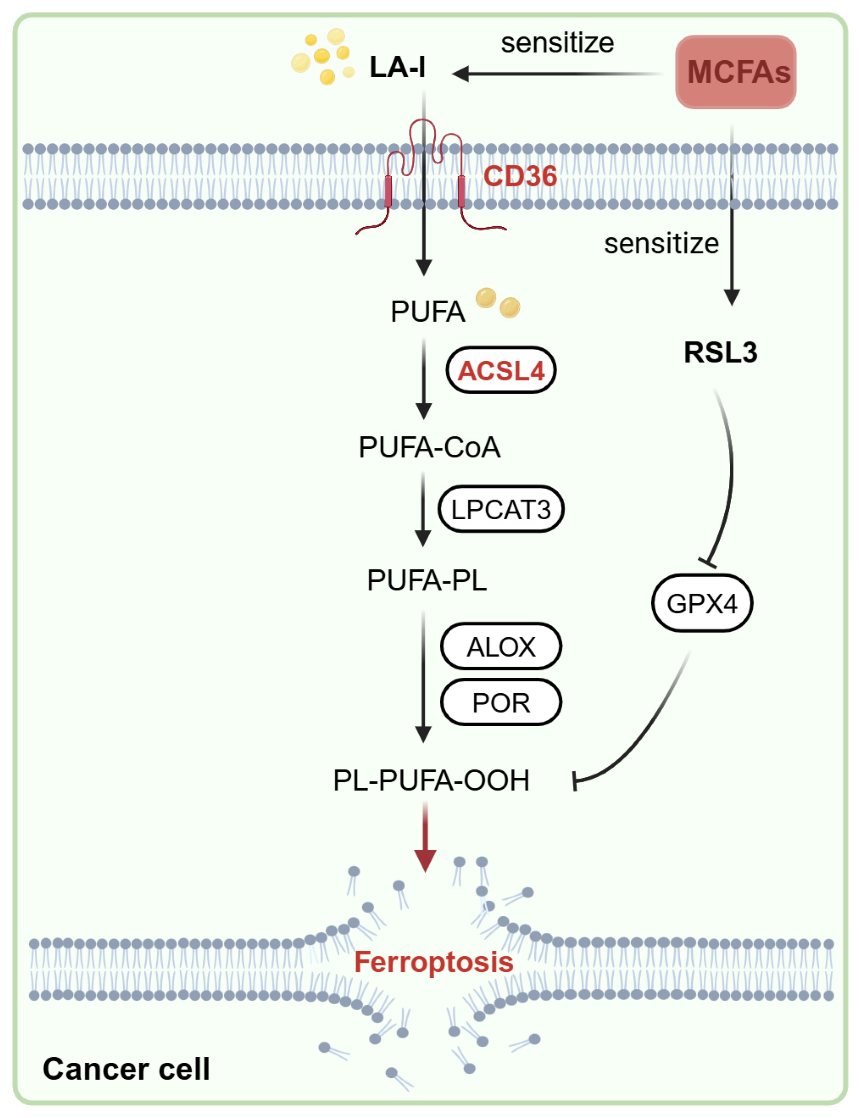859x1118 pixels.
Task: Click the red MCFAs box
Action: pyautogui.click(x=735, y=72)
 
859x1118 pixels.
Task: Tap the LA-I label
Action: pyautogui.click(x=397, y=67)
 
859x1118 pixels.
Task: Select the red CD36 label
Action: pyautogui.click(x=520, y=176)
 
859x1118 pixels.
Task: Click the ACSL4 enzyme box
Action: pyautogui.click(x=501, y=370)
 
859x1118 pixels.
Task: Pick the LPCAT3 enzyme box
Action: pyautogui.click(x=501, y=509)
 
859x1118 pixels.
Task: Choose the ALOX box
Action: pyautogui.click(x=501, y=647)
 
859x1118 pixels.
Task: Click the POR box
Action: pyautogui.click(x=501, y=702)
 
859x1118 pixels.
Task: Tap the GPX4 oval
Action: pyautogui.click(x=702, y=603)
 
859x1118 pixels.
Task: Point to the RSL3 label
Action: pyautogui.click(x=721, y=352)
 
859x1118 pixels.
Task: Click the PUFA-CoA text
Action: pyautogui.click(x=429, y=447)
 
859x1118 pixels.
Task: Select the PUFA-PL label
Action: pyautogui.click(x=427, y=580)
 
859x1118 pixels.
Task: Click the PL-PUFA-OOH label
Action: pyautogui.click(x=431, y=780)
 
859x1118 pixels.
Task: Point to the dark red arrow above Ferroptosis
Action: pyautogui.click(x=425, y=836)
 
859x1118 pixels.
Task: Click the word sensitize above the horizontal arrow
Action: pyautogui.click(x=557, y=43)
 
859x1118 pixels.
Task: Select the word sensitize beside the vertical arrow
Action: pyautogui.click(x=662, y=243)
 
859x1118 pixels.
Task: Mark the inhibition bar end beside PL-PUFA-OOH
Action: pyautogui.click(x=574, y=781)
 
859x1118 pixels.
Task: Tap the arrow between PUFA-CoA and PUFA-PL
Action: pyautogui.click(x=423, y=509)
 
